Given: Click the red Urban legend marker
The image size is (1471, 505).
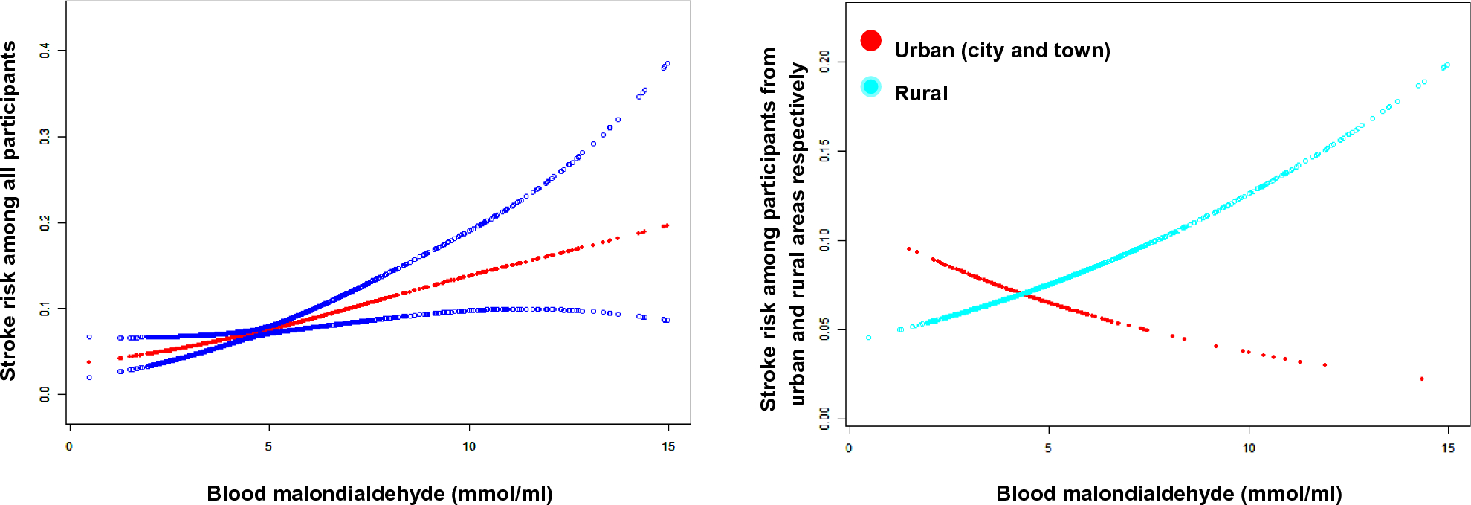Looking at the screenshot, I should pos(870,40).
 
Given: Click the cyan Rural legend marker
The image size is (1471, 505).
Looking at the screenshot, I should pos(870,86).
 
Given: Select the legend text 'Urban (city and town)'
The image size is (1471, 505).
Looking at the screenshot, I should pos(1001,51).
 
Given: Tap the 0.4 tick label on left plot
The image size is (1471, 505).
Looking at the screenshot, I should pos(45,51).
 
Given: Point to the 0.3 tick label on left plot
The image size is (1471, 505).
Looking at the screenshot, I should pos(45,137).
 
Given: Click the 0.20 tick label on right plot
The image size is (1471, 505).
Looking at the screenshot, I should pos(824,62).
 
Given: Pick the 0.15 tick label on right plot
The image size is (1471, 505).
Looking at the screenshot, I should pos(824,151).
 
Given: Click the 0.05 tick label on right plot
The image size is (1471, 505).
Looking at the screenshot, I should pos(824,329).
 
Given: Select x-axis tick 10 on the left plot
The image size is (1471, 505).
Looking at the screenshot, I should pos(469,446).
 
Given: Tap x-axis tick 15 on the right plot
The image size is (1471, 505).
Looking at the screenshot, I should pos(1448,448).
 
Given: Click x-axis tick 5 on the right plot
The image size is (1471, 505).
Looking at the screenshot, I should pos(1048,448).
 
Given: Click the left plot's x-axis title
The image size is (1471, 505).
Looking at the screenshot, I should pos(379,493).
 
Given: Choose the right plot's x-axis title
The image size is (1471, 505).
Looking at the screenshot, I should pos(1168,493).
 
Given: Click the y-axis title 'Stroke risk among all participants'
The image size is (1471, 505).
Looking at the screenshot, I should pos(9,210).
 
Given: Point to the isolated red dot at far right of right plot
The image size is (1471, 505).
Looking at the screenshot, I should pos(1421,379).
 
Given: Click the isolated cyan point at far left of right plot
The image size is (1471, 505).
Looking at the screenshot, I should pos(868,338).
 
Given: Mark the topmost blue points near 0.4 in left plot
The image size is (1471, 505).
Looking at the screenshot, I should pos(666,65).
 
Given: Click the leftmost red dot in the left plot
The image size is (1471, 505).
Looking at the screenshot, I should pos(89,362).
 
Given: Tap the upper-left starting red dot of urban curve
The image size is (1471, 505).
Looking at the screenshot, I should pos(908,249).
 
